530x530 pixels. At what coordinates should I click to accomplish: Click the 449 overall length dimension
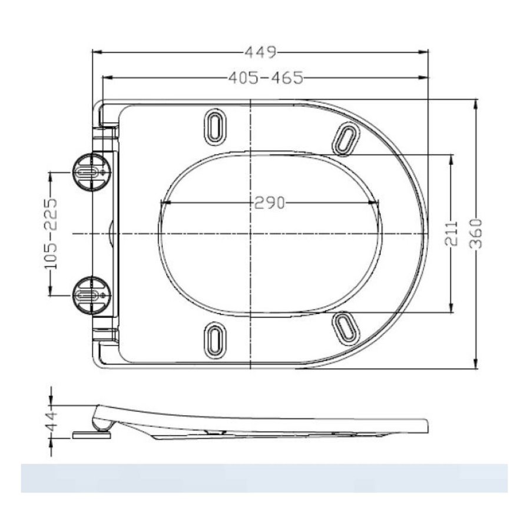point(260,52)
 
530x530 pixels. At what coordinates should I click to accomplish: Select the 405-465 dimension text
point(266,77)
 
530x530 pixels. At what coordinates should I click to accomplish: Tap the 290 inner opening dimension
point(270,203)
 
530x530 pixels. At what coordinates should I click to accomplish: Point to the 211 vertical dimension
point(452,234)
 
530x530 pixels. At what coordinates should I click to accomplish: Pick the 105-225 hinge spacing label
point(52,233)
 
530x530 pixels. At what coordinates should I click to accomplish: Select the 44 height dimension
point(52,422)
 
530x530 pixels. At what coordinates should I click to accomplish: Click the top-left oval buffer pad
point(215,125)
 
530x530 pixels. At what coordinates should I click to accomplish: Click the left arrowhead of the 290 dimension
point(163,203)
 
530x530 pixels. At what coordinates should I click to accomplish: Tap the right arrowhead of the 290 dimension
point(377,203)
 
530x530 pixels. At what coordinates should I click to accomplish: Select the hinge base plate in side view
point(91,436)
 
